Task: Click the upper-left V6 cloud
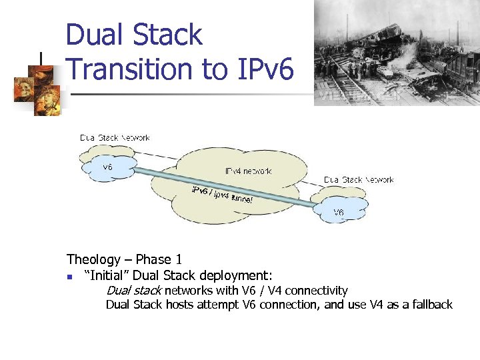pyautogui.click(x=107, y=167)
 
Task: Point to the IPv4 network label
pyautogui.click(x=248, y=171)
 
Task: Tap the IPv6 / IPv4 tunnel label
pyautogui.click(x=222, y=193)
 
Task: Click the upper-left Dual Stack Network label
pyautogui.click(x=115, y=138)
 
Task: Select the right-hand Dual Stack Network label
pyautogui.click(x=359, y=180)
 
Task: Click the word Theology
pyautogui.click(x=93, y=259)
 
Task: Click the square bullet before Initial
pyautogui.click(x=70, y=276)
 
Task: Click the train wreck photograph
pyautogui.click(x=396, y=52)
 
